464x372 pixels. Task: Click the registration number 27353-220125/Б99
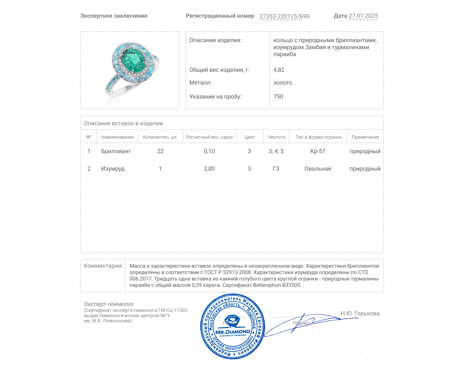tap(284, 16)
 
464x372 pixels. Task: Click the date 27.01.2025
tap(363, 16)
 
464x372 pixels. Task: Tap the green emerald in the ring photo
tap(133, 58)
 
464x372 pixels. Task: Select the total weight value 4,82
tap(279, 70)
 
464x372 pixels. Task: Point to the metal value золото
tap(283, 83)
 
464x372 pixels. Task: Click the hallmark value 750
tap(278, 96)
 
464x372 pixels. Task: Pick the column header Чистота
tap(276, 137)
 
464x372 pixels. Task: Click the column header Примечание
tap(365, 137)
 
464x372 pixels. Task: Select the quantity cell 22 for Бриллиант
tap(160, 151)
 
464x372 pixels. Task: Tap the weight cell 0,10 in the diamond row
tap(209, 151)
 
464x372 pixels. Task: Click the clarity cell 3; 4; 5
tap(276, 151)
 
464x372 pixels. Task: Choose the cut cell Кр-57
tap(318, 151)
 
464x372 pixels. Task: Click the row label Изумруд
tap(113, 169)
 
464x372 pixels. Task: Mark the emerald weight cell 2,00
tap(209, 169)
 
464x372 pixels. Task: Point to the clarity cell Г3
tap(276, 169)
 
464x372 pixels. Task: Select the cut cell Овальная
tap(318, 169)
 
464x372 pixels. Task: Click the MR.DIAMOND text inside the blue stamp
tap(233, 332)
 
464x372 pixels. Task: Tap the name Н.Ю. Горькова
tap(360, 313)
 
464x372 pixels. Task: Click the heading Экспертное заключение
tap(114, 16)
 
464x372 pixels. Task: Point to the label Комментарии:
tap(103, 266)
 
